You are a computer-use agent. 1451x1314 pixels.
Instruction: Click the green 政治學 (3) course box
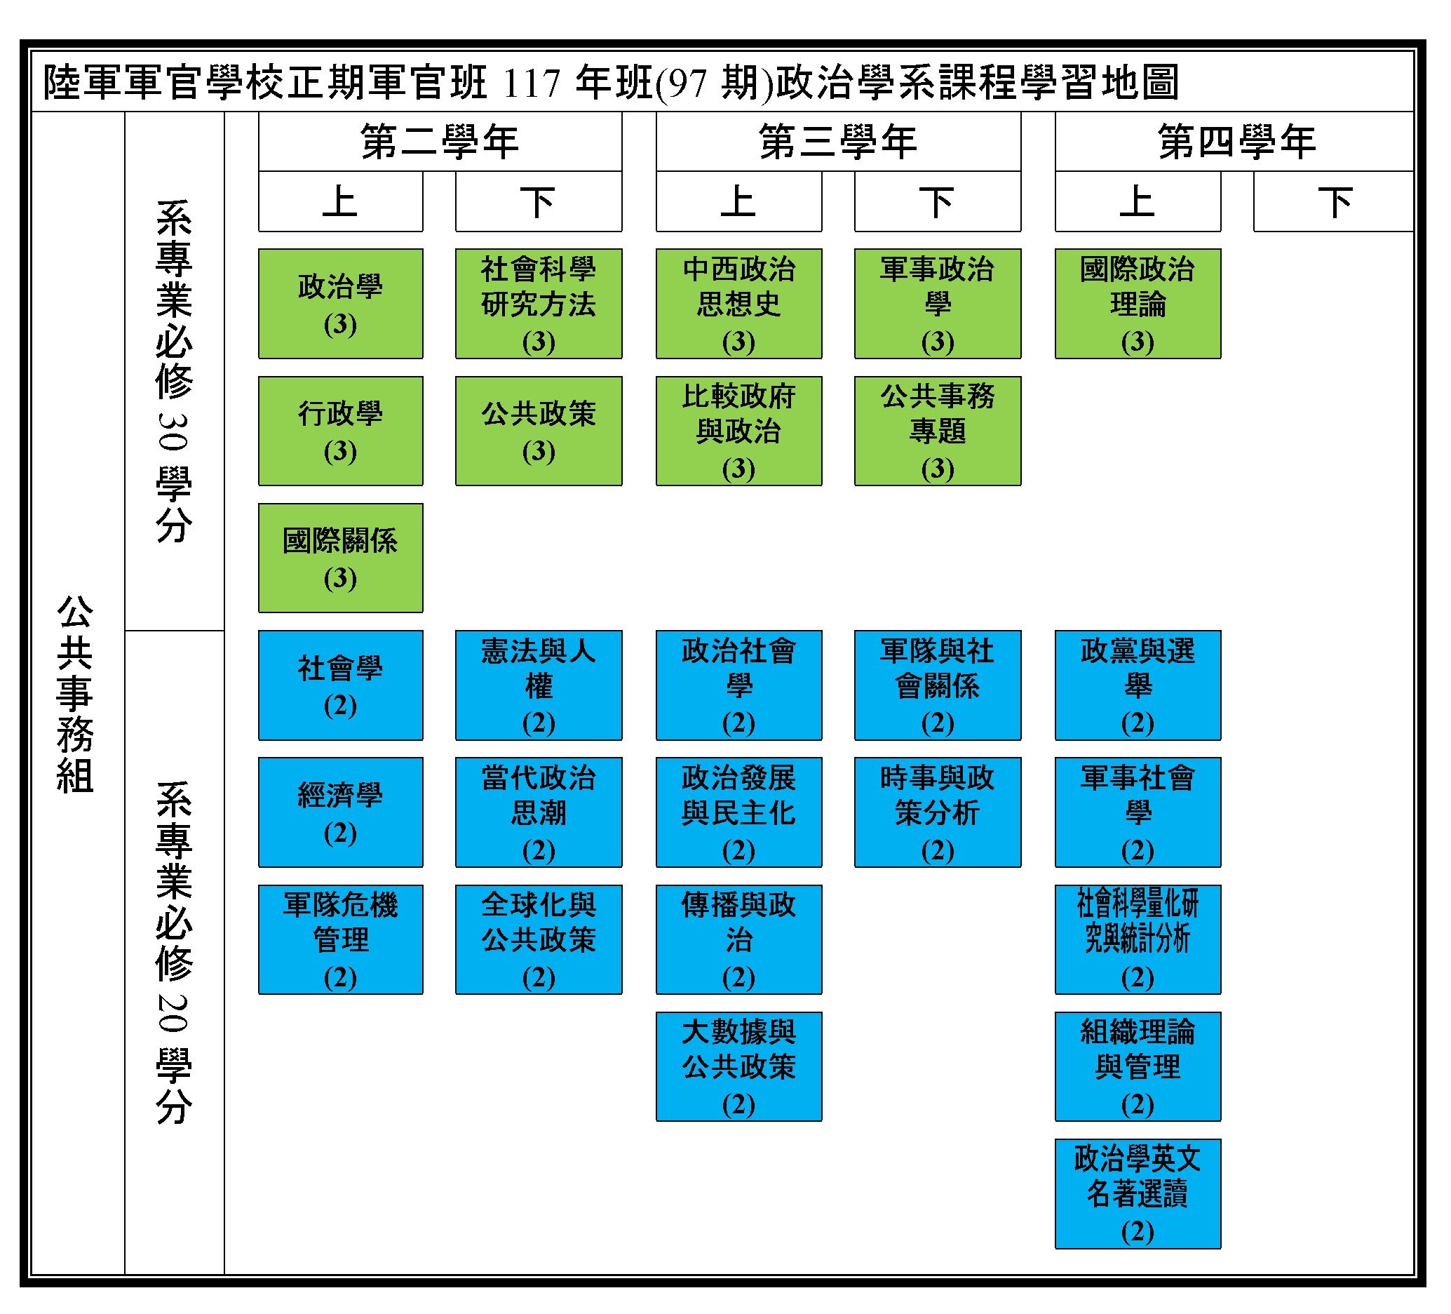[x=340, y=303]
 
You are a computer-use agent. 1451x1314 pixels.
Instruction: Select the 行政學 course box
[x=340, y=431]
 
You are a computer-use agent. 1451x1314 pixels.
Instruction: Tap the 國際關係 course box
[x=340, y=558]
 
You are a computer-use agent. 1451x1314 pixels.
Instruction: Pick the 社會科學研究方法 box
[x=539, y=303]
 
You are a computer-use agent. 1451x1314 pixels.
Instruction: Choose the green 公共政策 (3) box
[x=539, y=431]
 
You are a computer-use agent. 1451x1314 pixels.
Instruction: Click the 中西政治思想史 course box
[x=738, y=303]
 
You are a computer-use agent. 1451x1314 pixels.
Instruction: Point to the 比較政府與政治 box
[x=738, y=431]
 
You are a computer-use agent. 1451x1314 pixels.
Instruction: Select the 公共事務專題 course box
[x=937, y=431]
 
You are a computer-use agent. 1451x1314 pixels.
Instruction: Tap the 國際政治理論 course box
[x=1138, y=303]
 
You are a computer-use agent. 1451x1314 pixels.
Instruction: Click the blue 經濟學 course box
[x=340, y=812]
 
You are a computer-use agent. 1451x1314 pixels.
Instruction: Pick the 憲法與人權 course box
[x=539, y=685]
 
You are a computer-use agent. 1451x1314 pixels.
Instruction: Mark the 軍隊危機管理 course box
[x=340, y=939]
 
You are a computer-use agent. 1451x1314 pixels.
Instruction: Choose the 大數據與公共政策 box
[x=738, y=1066]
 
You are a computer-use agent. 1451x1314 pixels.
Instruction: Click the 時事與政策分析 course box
[x=937, y=812]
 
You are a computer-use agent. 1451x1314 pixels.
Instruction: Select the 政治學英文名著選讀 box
[x=1138, y=1194]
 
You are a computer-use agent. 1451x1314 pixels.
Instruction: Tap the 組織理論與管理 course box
[x=1138, y=1066]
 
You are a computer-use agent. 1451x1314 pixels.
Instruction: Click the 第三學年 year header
[x=838, y=141]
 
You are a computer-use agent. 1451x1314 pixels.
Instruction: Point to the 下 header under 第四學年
[x=1334, y=201]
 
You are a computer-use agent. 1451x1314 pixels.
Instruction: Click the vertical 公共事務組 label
[x=75, y=694]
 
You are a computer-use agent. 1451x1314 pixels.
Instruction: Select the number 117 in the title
[x=532, y=83]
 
